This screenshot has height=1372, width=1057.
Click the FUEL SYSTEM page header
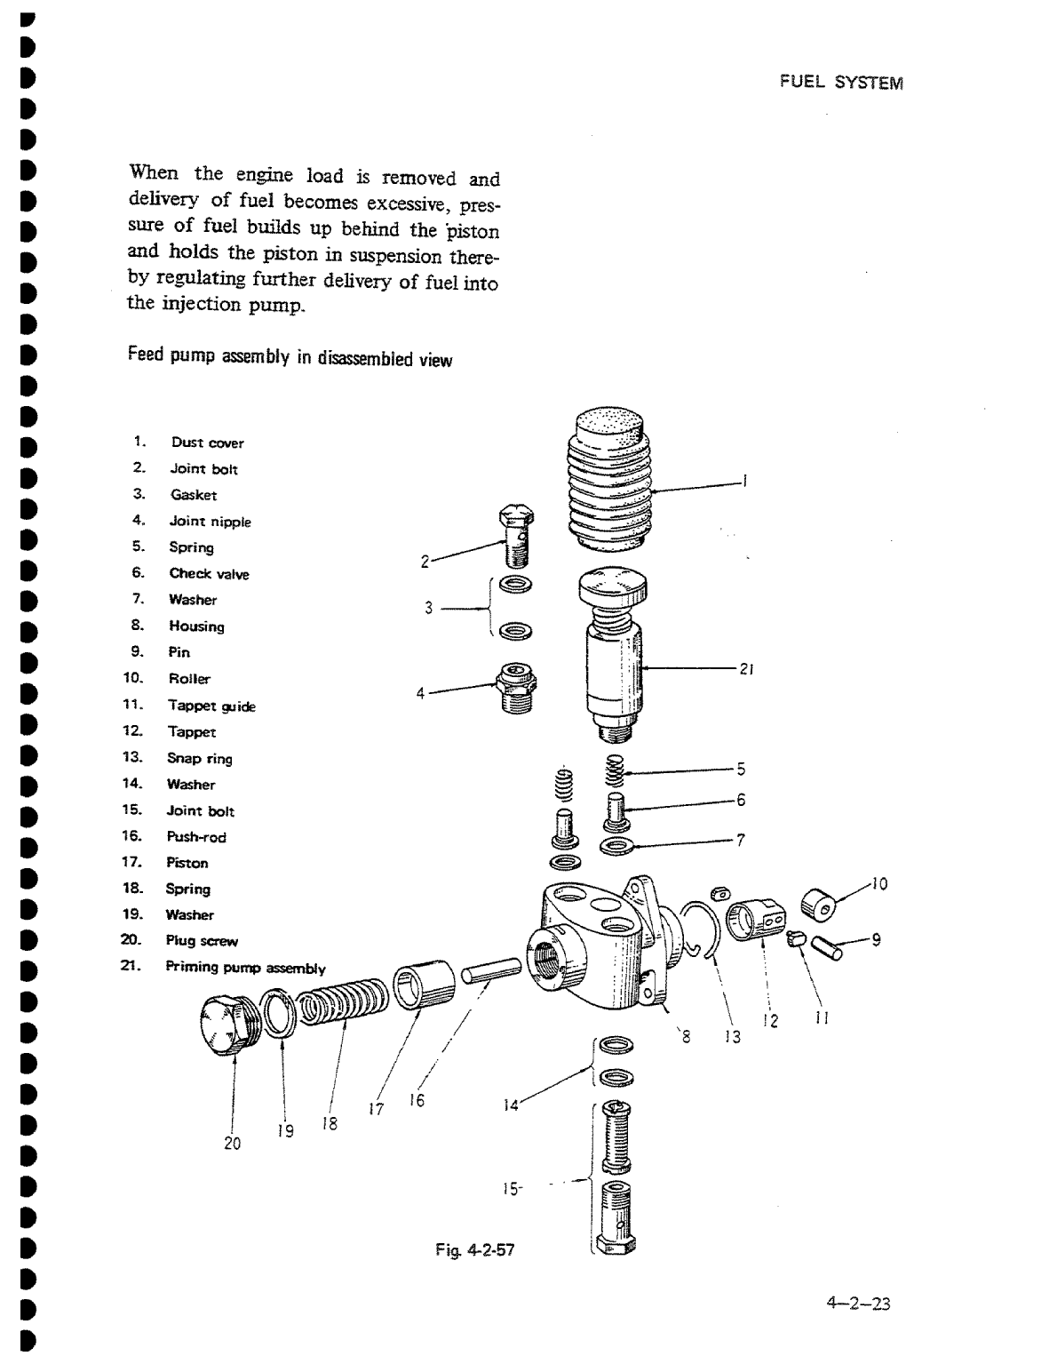840,83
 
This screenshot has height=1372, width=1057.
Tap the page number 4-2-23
857,1304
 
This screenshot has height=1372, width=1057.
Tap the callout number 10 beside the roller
878,883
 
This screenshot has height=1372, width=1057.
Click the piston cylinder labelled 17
423,983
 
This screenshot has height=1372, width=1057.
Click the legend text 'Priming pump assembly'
245,969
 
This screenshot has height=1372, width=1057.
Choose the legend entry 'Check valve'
209,574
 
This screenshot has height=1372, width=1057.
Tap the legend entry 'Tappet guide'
211,706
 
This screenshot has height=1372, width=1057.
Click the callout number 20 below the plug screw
232,1144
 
